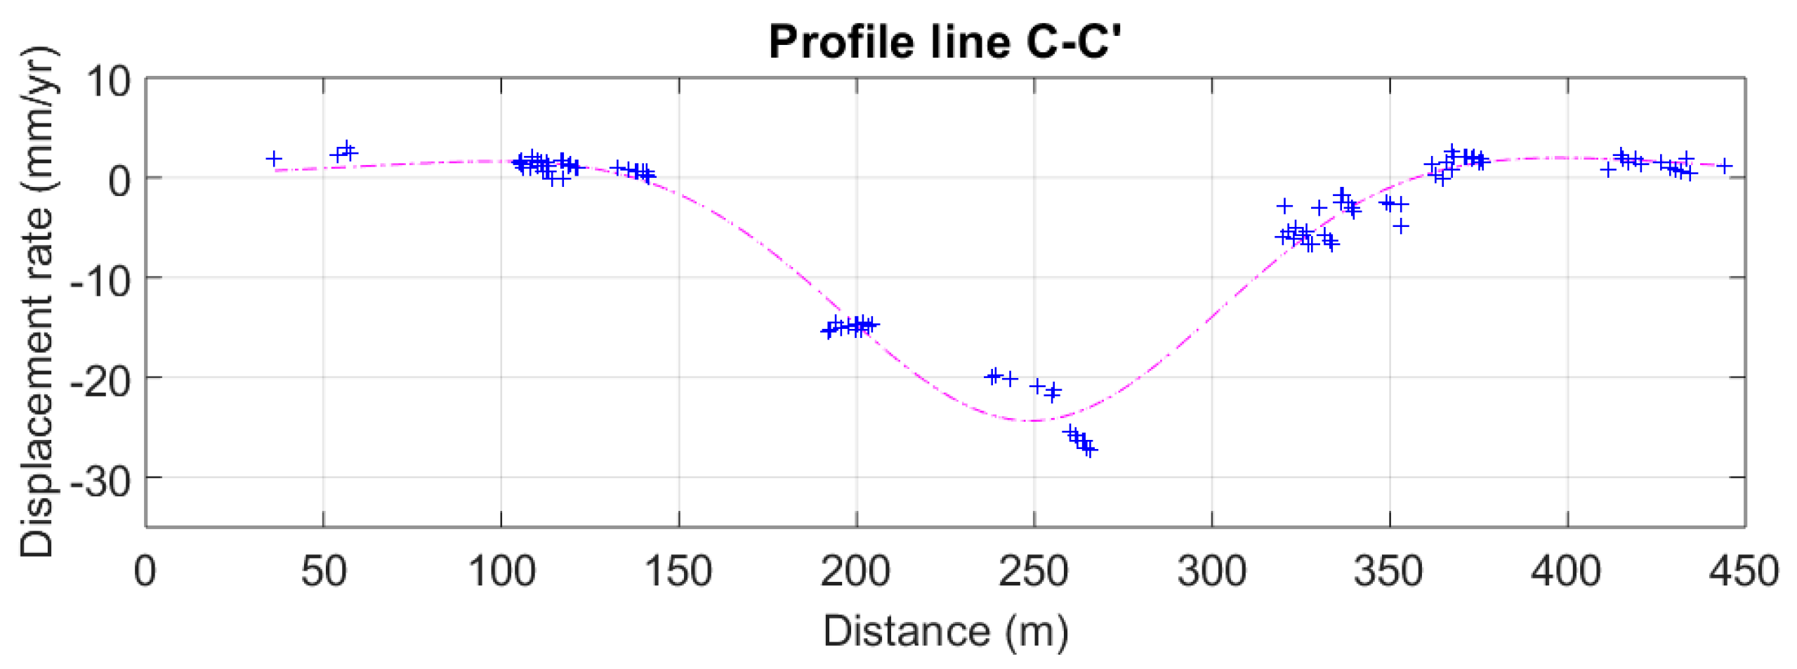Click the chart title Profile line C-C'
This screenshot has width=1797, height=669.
click(x=944, y=42)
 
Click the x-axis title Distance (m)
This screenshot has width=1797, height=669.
click(x=945, y=630)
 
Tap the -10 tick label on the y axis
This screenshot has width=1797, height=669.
click(x=100, y=282)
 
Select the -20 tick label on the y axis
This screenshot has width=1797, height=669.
click(x=100, y=382)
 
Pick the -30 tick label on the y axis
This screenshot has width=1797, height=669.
click(x=100, y=481)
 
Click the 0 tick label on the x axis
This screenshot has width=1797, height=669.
click(x=145, y=571)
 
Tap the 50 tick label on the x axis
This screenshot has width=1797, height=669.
click(x=323, y=571)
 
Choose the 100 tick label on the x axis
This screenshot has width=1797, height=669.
click(x=501, y=571)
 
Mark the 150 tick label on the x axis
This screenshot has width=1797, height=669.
click(x=678, y=571)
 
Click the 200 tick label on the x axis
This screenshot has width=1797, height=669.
click(x=856, y=571)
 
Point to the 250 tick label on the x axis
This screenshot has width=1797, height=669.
click(x=1034, y=571)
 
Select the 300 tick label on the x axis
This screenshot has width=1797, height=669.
click(x=1211, y=571)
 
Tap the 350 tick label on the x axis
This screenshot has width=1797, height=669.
click(x=1389, y=571)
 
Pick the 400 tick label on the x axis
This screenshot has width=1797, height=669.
click(x=1567, y=571)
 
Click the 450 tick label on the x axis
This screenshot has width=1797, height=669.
click(x=1744, y=571)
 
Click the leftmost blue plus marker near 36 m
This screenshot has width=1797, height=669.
click(x=274, y=159)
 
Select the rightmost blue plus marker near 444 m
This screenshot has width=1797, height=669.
click(x=1724, y=167)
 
